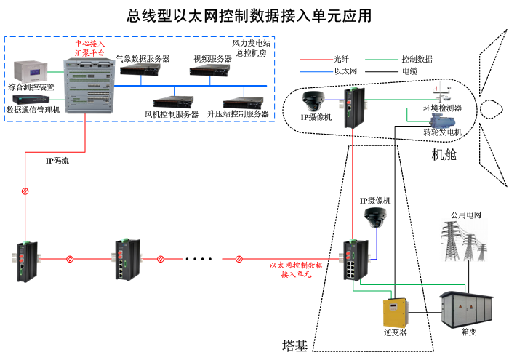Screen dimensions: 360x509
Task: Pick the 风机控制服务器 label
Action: pyautogui.click(x=172, y=114)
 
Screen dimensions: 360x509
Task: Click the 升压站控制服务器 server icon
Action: pyautogui.click(x=242, y=101)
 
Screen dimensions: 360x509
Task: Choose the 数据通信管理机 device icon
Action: pyautogui.click(x=28, y=98)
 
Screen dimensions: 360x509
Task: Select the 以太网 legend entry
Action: pyautogui.click(x=343, y=72)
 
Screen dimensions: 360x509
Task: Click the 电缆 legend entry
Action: pyautogui.click(x=409, y=72)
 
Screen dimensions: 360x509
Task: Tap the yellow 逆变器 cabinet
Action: pyautogui.click(x=395, y=311)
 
